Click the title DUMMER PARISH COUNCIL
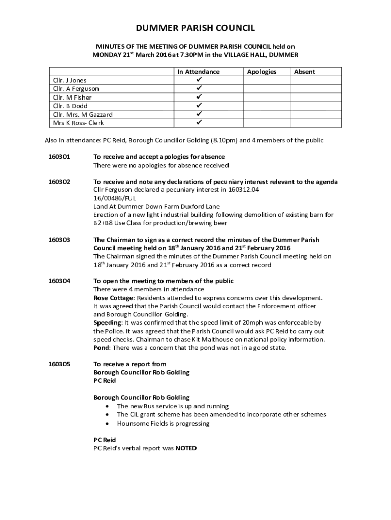[x=195, y=28]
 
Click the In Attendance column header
[x=198, y=72]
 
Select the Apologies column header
[x=262, y=72]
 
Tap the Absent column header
[x=304, y=72]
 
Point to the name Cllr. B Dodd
[x=70, y=106]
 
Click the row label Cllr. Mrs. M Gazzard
[x=83, y=115]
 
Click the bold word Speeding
[x=107, y=323]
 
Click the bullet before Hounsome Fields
[x=106, y=423]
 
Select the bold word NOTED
[x=186, y=448]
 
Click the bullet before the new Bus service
[x=106, y=406]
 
